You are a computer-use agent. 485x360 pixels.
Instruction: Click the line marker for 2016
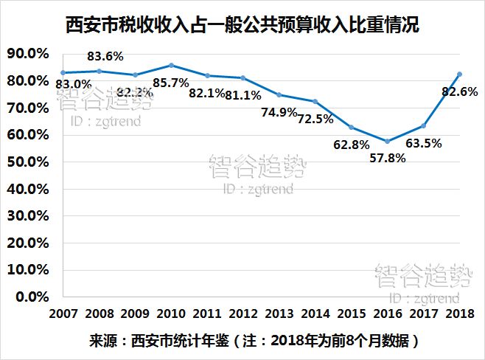387,141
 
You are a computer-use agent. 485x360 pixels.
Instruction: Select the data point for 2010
171,66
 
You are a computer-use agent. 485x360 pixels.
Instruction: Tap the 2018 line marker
459,74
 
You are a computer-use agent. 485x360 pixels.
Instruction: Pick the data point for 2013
279,94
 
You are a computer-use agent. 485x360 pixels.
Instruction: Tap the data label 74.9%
279,112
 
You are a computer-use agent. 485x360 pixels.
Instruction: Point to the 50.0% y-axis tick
27,162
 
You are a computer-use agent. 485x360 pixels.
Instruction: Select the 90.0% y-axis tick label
27,53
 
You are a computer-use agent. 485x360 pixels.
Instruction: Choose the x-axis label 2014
315,313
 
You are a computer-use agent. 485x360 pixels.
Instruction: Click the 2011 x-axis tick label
207,313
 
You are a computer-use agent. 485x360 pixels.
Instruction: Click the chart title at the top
242,27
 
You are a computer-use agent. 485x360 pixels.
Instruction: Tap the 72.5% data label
315,118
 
